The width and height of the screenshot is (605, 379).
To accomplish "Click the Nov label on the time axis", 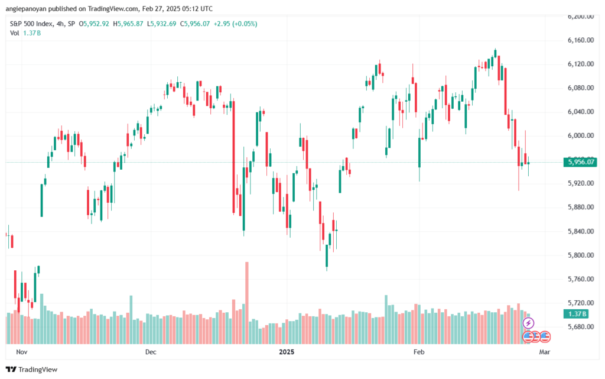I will [x=21, y=352].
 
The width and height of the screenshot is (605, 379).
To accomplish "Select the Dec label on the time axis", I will [x=151, y=352].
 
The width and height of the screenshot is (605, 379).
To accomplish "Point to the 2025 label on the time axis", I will [x=286, y=352].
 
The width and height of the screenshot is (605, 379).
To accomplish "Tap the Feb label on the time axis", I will [x=419, y=352].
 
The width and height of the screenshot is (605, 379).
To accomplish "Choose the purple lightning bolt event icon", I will [x=529, y=323].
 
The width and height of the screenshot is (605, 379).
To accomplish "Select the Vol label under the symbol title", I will [x=14, y=33].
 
